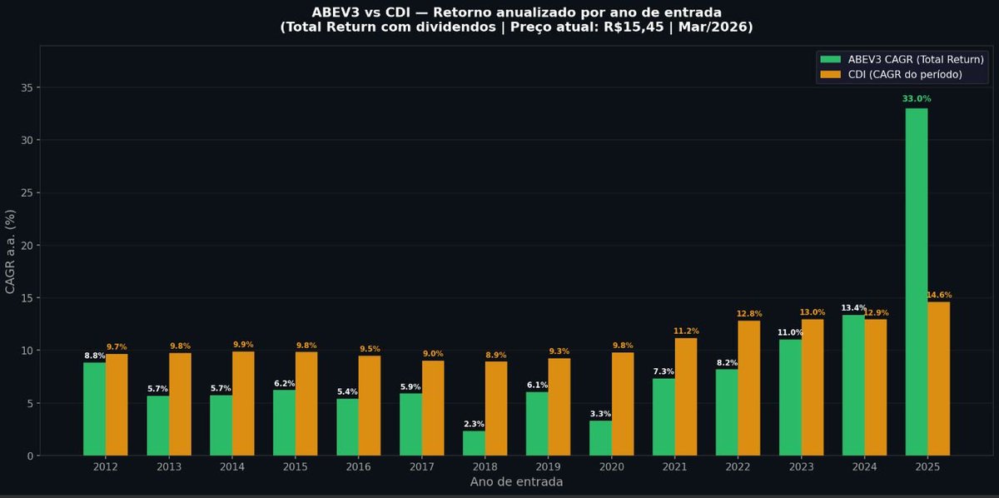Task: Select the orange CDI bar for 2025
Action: coord(938,379)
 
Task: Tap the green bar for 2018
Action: coord(474,443)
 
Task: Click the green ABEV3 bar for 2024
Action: coord(853,385)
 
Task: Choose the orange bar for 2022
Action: coord(748,388)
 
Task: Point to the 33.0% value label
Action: coord(916,99)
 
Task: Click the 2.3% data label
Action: coord(474,425)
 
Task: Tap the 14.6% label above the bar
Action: coord(939,296)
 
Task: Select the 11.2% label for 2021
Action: coord(686,331)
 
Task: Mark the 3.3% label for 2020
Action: coord(600,414)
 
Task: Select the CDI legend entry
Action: coord(891,75)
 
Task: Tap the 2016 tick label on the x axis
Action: coord(358,467)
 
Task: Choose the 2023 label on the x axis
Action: coord(801,467)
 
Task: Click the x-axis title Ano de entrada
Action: coord(516,482)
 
